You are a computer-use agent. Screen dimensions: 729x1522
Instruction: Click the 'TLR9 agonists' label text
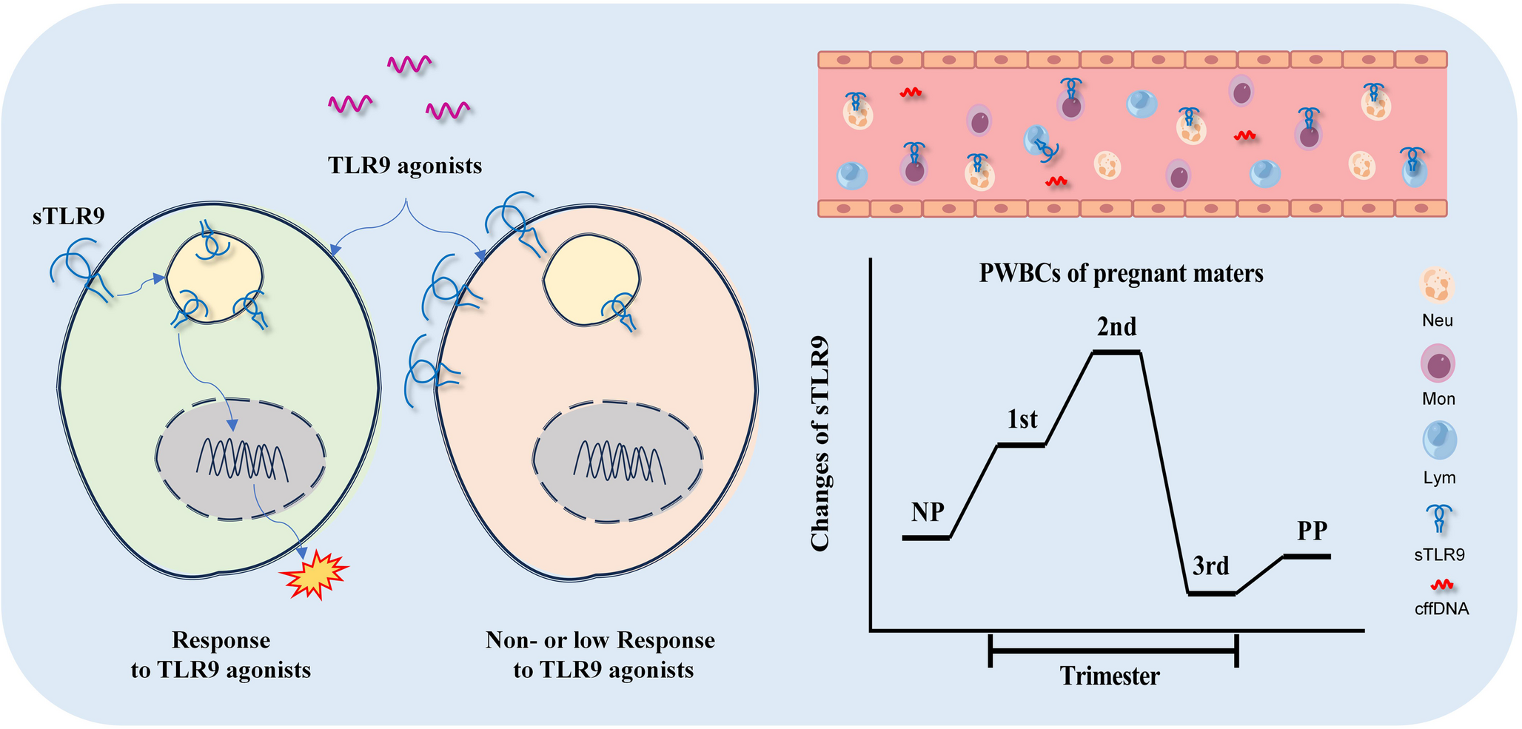405,165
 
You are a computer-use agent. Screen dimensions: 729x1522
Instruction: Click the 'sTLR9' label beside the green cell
69,216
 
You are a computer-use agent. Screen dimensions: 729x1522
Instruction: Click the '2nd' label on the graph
1116,326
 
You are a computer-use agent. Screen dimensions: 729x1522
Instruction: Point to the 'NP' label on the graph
928,511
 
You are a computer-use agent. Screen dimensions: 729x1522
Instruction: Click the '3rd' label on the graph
1210,566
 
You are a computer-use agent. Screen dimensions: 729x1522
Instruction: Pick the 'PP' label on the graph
1312,531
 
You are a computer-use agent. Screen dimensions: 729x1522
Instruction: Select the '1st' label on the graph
1022,420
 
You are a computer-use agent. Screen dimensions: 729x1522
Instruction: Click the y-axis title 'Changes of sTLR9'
819,444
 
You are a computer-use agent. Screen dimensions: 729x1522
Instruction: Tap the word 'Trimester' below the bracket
1110,676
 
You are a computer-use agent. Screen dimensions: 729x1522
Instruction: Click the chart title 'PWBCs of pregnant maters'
1121,273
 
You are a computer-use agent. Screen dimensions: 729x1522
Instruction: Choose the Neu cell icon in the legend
1438,286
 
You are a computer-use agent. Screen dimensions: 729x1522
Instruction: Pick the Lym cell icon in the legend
1439,441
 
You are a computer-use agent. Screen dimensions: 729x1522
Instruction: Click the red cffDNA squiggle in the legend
1441,585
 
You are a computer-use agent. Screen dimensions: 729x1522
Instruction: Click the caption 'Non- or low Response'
600,640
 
